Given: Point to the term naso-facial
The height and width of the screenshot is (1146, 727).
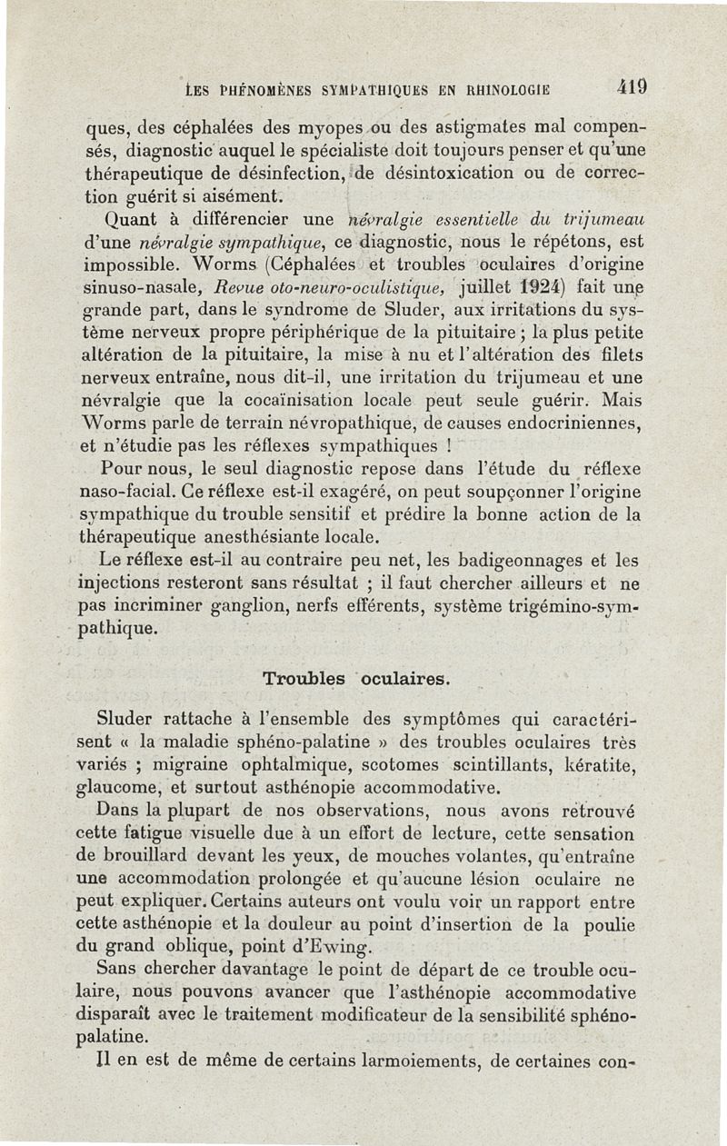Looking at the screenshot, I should (x=128, y=492).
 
